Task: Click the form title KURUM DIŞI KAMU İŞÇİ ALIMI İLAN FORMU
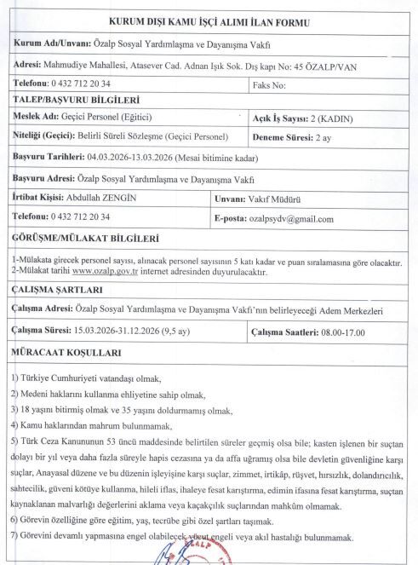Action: [x=209, y=22]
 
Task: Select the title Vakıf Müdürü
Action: [x=291, y=198]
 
